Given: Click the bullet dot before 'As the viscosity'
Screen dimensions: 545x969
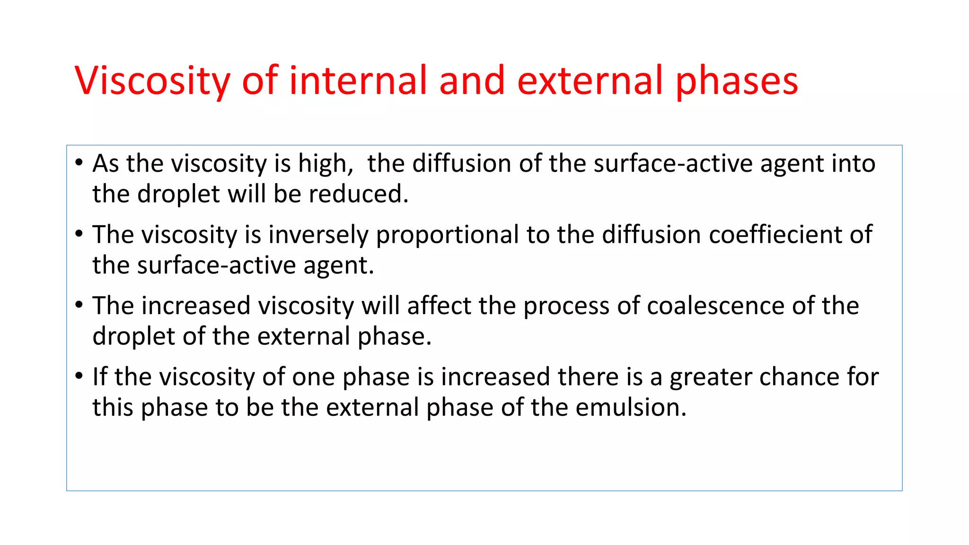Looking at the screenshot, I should pos(79,162).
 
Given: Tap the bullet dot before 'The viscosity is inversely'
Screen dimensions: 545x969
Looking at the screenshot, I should pos(79,233).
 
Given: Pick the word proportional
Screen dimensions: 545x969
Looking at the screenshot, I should pos(448,236).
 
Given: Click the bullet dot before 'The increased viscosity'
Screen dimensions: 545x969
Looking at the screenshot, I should pos(79,304).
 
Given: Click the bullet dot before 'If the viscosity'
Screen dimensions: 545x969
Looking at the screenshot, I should pos(79,376).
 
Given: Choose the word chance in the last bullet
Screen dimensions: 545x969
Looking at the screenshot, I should pos(799,377).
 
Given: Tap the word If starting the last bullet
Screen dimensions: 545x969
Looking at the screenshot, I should pos(100,377).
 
